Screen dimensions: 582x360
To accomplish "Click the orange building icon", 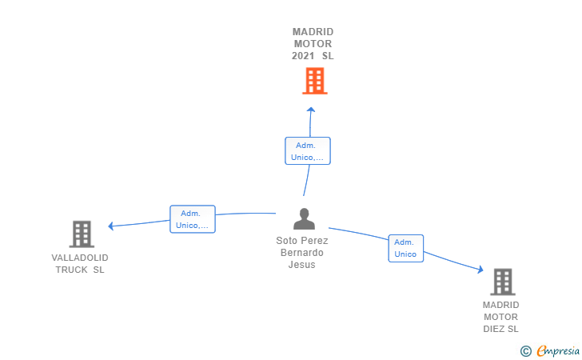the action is [315, 81].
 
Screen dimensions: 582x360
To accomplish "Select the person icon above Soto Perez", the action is [304, 219].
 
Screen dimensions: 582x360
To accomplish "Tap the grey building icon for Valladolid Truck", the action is [82, 234].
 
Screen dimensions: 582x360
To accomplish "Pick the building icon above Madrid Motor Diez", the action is [503, 282].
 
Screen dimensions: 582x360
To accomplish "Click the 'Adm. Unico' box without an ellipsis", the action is [405, 248].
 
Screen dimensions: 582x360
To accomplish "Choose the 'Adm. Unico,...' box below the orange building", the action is [307, 151].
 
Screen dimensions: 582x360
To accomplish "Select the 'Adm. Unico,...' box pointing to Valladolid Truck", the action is [192, 219].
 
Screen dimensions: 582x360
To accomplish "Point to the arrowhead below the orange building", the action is [311, 110].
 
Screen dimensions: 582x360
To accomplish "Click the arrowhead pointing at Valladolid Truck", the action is [110, 226].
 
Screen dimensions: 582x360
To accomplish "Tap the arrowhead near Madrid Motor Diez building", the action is [480, 270].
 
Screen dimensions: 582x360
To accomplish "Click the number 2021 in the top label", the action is [303, 56].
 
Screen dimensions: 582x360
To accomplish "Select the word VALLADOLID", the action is [80, 258].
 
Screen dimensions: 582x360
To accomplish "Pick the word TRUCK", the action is [72, 270].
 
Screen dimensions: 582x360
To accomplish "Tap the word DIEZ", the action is [494, 329].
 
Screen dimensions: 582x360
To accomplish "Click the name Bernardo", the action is [301, 253].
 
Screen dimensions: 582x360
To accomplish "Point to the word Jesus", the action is [301, 265].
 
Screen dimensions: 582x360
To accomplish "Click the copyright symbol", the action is [525, 350].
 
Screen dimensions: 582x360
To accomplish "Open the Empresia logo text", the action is [558, 350].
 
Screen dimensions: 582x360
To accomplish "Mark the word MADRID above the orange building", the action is [313, 32].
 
